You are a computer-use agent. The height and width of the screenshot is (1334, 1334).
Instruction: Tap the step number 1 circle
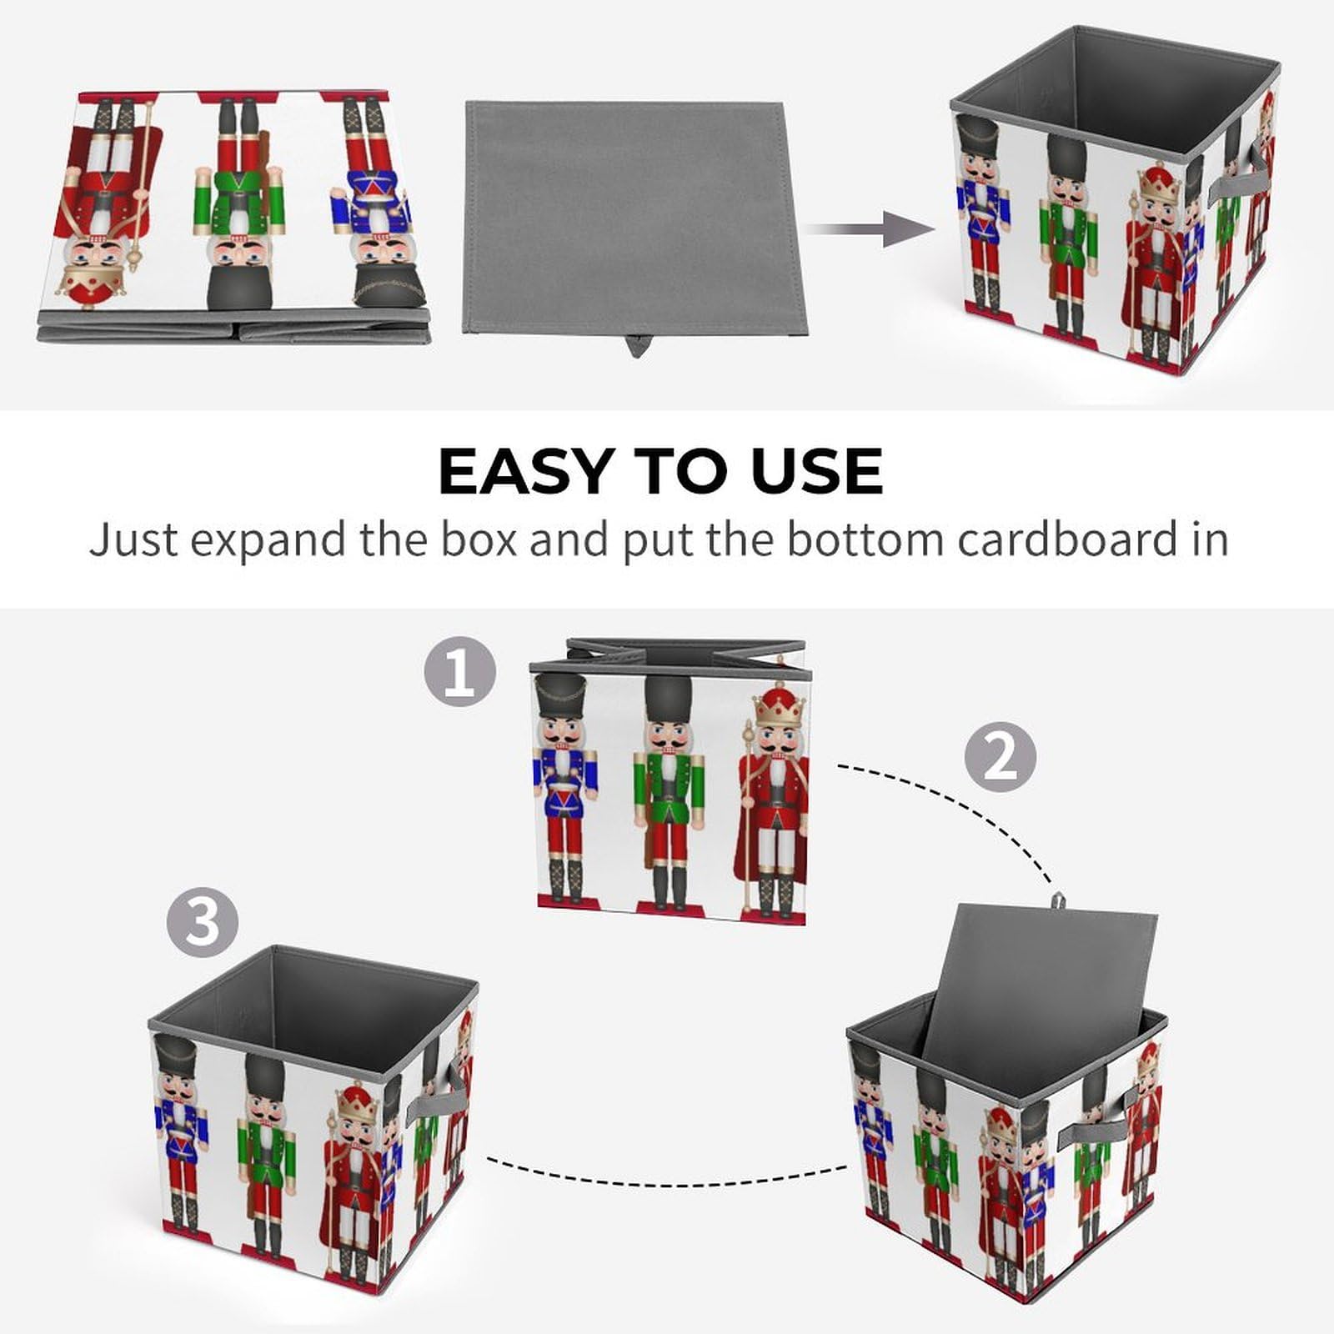click(x=460, y=672)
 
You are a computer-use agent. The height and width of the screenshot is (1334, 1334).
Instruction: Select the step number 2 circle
click(x=1000, y=758)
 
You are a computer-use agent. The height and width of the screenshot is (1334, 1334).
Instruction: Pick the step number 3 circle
click(x=203, y=923)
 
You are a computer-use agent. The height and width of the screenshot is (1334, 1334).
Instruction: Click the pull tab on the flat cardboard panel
click(x=637, y=345)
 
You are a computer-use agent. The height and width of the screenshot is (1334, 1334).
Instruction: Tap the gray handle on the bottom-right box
click(x=1093, y=1117)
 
